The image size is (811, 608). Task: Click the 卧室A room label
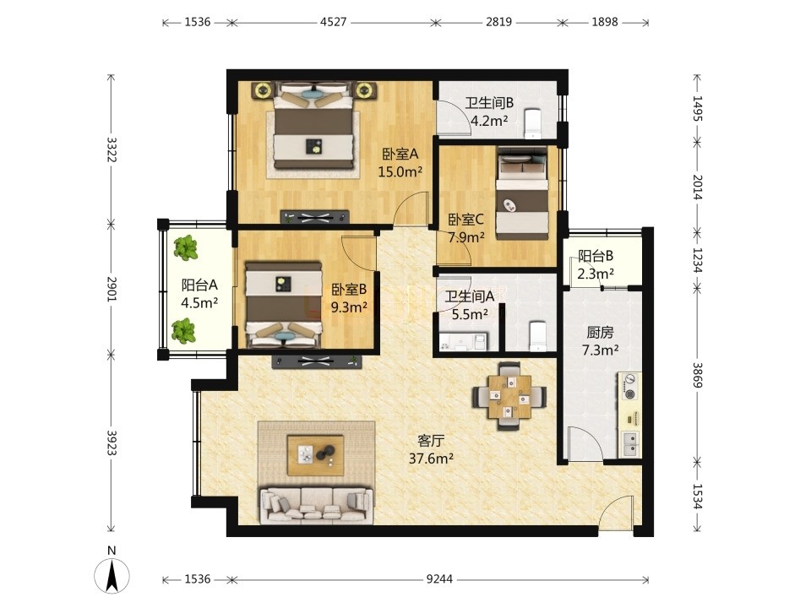[400, 154]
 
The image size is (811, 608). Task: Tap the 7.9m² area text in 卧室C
[466, 237]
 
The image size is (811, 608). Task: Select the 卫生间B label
[489, 103]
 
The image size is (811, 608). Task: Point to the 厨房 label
[600, 332]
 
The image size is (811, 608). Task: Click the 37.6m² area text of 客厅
[432, 459]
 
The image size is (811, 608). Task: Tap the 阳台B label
[596, 256]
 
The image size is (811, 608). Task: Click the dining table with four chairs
[509, 396]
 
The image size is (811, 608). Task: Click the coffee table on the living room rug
[315, 455]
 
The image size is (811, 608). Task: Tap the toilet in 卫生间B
[532, 123]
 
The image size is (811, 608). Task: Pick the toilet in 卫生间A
[538, 336]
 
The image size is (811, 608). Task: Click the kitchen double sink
[630, 444]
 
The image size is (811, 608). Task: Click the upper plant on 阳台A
[185, 247]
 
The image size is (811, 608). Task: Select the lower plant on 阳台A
[183, 331]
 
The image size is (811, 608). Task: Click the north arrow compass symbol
[112, 574]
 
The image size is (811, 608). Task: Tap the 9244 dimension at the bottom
[439, 579]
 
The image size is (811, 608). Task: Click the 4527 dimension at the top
[334, 22]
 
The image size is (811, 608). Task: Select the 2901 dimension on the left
[112, 290]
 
